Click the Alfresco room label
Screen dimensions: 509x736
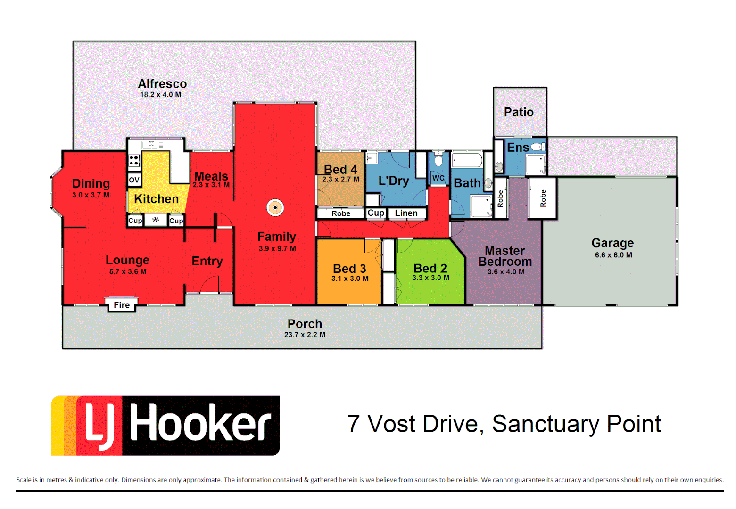[x=162, y=84]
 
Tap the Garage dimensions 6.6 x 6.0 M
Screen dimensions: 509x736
[x=613, y=255]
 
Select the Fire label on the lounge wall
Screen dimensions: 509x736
[x=121, y=305]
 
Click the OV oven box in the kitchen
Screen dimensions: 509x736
[x=134, y=180]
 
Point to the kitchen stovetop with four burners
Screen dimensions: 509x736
[x=134, y=161]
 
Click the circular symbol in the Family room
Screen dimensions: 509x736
[x=275, y=207]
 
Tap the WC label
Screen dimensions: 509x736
[x=438, y=178]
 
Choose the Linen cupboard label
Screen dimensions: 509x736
[x=406, y=213]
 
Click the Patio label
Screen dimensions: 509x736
[x=519, y=112]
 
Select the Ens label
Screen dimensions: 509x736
[x=518, y=148]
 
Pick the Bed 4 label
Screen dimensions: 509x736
[x=340, y=169]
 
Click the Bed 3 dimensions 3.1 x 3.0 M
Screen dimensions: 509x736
[x=350, y=279]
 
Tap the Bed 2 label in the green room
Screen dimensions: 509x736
[x=430, y=268]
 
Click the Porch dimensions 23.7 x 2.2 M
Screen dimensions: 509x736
[x=305, y=335]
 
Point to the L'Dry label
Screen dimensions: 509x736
[x=394, y=181]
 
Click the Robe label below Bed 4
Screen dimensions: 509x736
[x=341, y=213]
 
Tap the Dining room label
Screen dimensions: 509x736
[x=91, y=183]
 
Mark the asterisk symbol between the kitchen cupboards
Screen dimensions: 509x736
[x=156, y=220]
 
